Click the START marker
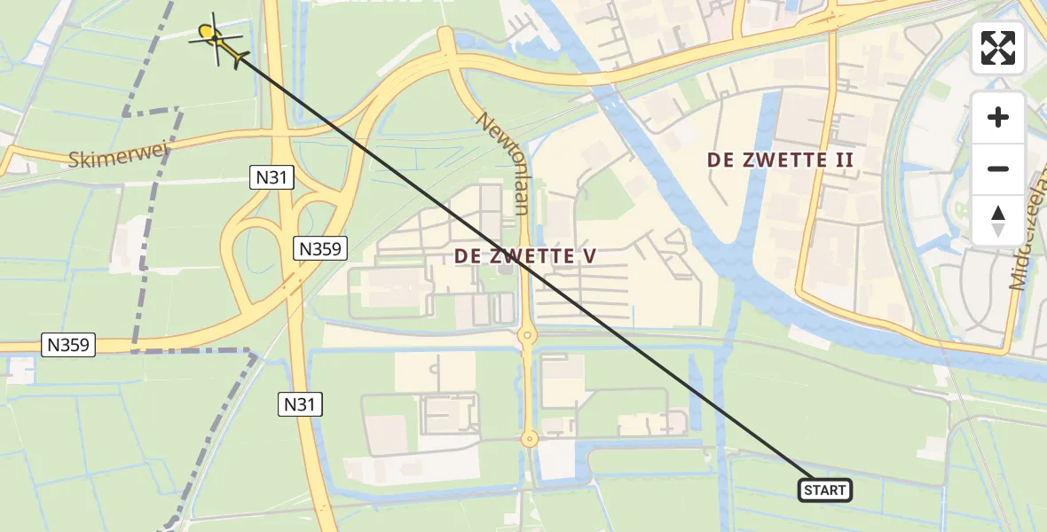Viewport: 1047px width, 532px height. coord(825,489)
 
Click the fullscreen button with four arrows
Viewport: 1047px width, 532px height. coord(998,48)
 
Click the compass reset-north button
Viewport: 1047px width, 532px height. coord(998,221)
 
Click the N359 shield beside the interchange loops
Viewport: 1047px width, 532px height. coord(320,249)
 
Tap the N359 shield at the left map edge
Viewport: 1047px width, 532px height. coord(68,345)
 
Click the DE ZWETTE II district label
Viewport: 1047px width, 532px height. coord(781,160)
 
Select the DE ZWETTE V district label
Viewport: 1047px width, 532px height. coord(525,256)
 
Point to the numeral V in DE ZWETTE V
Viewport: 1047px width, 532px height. coord(588,256)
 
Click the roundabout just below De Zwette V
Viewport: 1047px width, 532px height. coord(527,336)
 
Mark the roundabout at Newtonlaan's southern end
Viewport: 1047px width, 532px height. coord(529,438)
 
